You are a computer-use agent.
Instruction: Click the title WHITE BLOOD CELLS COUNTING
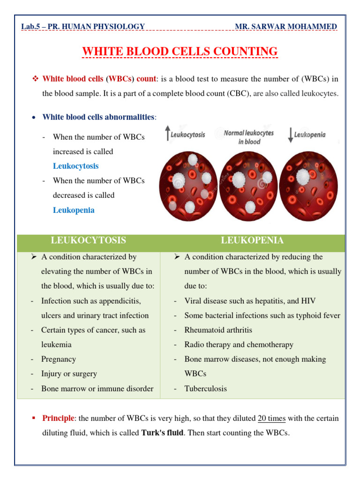[x=180, y=51]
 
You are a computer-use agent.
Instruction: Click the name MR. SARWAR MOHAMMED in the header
[x=286, y=27]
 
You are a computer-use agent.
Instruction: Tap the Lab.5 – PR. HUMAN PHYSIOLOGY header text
[x=83, y=27]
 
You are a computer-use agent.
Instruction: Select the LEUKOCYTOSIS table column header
[x=88, y=240]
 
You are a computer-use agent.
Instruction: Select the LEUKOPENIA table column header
[x=252, y=240]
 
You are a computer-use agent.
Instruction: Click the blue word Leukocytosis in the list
[x=75, y=166]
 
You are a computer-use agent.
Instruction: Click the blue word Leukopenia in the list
[x=74, y=210]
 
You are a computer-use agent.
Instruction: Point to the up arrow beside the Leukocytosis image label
[x=168, y=134]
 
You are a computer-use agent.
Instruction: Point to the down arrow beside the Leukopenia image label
[x=291, y=135]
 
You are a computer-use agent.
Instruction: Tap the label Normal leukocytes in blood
[x=248, y=137]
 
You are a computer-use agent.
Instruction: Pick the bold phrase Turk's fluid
[x=162, y=433]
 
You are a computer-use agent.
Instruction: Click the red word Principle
[x=58, y=418]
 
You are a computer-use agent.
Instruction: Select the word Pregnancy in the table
[x=59, y=359]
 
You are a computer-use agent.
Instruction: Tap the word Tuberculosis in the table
[x=205, y=389]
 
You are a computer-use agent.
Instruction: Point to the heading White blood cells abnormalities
[x=98, y=117]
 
